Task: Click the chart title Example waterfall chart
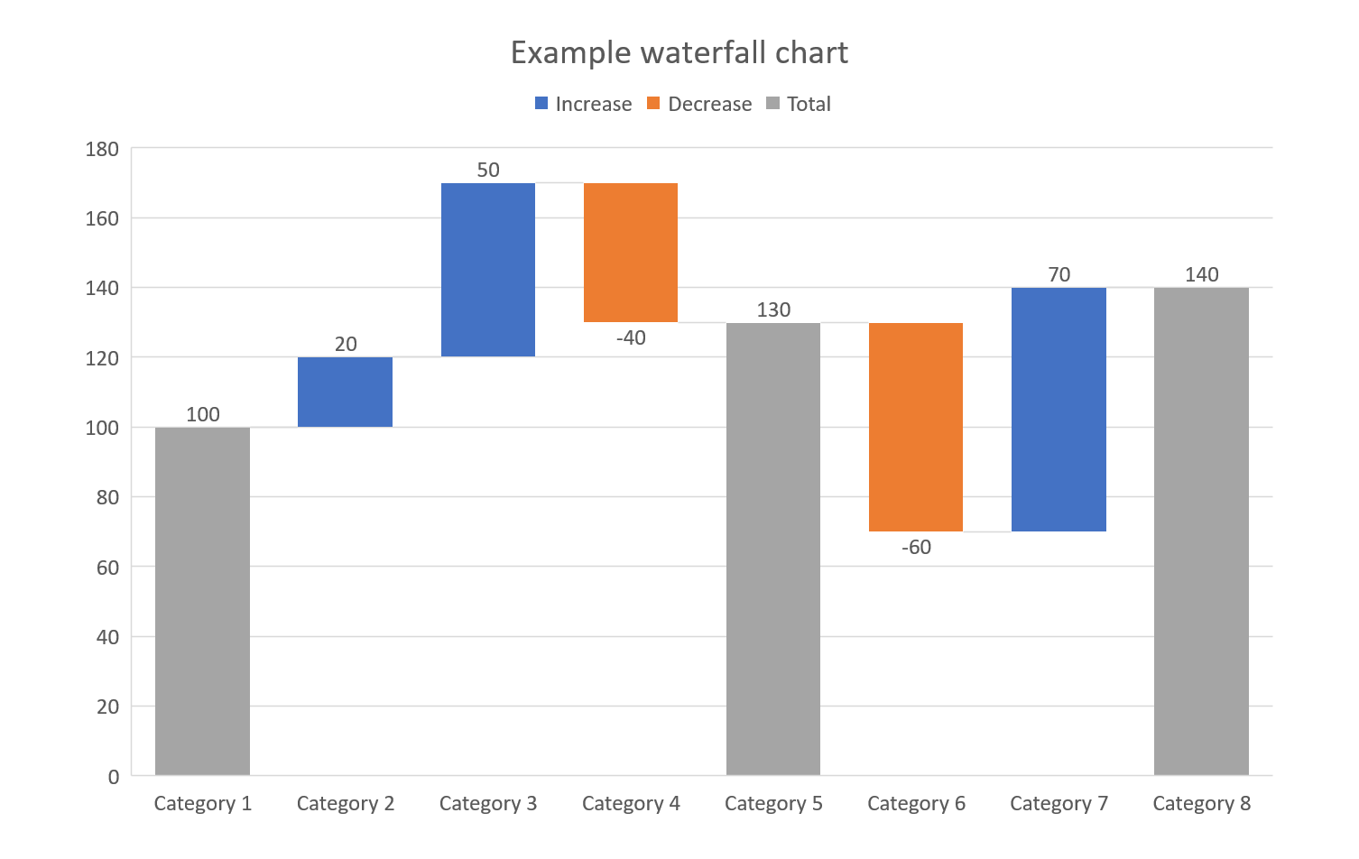(679, 52)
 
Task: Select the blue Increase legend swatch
(541, 104)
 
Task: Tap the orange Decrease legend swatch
(653, 104)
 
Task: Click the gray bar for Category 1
(202, 601)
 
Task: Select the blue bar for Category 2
(345, 392)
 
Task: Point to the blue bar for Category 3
(487, 270)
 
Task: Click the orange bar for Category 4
(630, 253)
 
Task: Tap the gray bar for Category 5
(772, 549)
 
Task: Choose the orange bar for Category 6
(915, 427)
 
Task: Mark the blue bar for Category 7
(1059, 410)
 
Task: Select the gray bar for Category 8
(1201, 531)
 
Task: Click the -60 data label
(916, 547)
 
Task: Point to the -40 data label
(631, 337)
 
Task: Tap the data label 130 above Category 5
(773, 309)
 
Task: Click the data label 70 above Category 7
(1059, 274)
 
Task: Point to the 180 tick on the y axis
(102, 149)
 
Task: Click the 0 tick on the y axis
(113, 777)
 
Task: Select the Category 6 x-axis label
(916, 803)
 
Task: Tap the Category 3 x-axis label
(487, 803)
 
